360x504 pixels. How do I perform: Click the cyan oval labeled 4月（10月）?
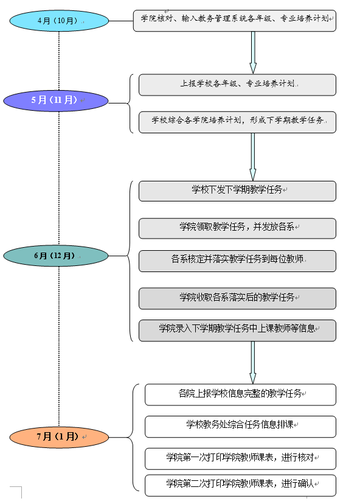pyautogui.click(x=59, y=21)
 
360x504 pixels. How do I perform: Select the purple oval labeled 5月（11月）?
pyautogui.click(x=56, y=101)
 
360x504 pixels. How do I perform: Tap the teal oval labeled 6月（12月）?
pyautogui.click(x=56, y=256)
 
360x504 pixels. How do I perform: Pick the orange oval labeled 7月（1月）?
pyautogui.click(x=59, y=437)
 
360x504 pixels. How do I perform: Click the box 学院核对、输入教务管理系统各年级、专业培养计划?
pyautogui.click(x=235, y=21)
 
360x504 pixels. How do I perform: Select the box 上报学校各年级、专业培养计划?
pyautogui.click(x=237, y=85)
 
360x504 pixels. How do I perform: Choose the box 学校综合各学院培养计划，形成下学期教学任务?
pyautogui.click(x=237, y=122)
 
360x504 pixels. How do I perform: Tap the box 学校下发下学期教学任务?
pyautogui.click(x=237, y=191)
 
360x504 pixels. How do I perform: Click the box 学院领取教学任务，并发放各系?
pyautogui.click(x=237, y=228)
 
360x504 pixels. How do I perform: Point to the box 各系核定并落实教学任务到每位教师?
pyautogui.click(x=237, y=261)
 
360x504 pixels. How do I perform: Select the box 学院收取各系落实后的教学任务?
pyautogui.click(x=237, y=299)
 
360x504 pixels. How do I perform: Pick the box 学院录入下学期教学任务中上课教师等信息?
pyautogui.click(x=237, y=331)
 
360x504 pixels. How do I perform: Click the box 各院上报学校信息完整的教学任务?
pyautogui.click(x=241, y=394)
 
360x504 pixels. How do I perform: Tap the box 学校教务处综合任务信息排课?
pyautogui.click(x=241, y=427)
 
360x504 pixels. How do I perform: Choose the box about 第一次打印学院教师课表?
pyautogui.click(x=241, y=459)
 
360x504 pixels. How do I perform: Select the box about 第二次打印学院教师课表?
pyautogui.click(x=241, y=485)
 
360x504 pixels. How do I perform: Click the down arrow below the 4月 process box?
pyautogui.click(x=253, y=53)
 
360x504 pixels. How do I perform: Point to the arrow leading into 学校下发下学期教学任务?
pyautogui.click(x=253, y=157)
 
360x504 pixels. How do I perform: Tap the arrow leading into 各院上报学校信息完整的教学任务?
pyautogui.click(x=253, y=363)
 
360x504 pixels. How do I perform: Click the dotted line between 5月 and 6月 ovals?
pyautogui.click(x=59, y=178)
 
